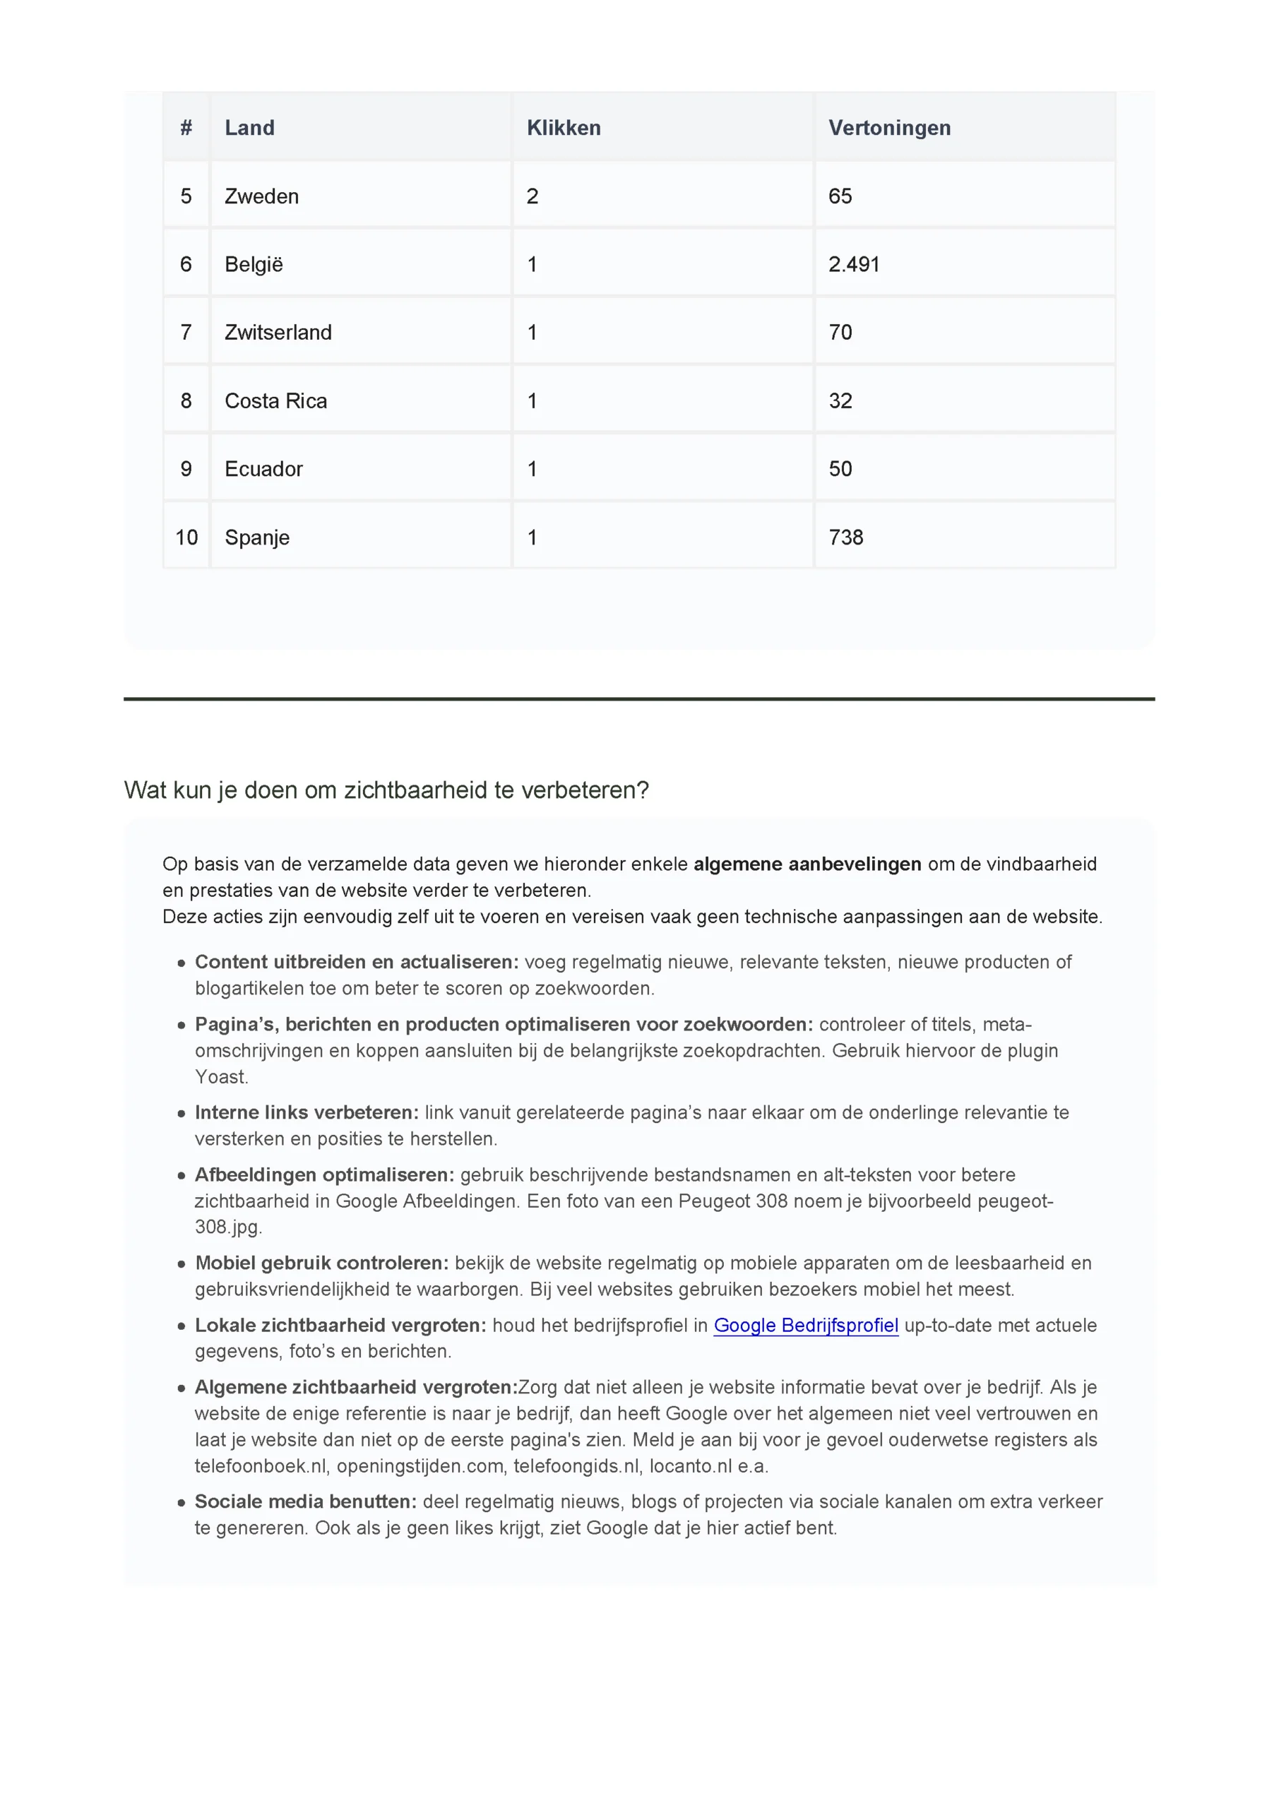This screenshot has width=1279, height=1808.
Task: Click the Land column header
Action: point(250,128)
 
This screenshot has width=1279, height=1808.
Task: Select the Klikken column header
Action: point(563,128)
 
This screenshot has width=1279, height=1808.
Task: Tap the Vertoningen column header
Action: point(889,128)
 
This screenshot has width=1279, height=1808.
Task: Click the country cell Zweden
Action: point(261,196)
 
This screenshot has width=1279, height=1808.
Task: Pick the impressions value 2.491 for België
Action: point(854,265)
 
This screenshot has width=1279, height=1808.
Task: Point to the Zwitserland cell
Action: point(278,333)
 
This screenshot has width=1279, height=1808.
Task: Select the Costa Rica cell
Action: point(275,401)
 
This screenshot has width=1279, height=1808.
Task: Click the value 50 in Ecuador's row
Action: point(840,470)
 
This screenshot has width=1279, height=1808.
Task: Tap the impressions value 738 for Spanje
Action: point(846,538)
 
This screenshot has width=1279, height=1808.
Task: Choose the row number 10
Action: point(186,538)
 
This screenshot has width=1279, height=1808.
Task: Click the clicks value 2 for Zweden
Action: point(533,196)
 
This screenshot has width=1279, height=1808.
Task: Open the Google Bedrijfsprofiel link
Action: point(806,1326)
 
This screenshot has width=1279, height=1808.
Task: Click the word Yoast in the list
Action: point(220,1076)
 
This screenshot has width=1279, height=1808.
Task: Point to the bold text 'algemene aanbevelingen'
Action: point(807,864)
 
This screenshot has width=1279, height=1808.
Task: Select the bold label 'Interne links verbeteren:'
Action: point(307,1112)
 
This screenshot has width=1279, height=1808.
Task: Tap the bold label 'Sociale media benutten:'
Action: point(306,1501)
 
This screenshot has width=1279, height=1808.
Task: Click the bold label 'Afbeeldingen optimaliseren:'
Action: point(324,1175)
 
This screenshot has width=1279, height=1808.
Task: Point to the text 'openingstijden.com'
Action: point(420,1465)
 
